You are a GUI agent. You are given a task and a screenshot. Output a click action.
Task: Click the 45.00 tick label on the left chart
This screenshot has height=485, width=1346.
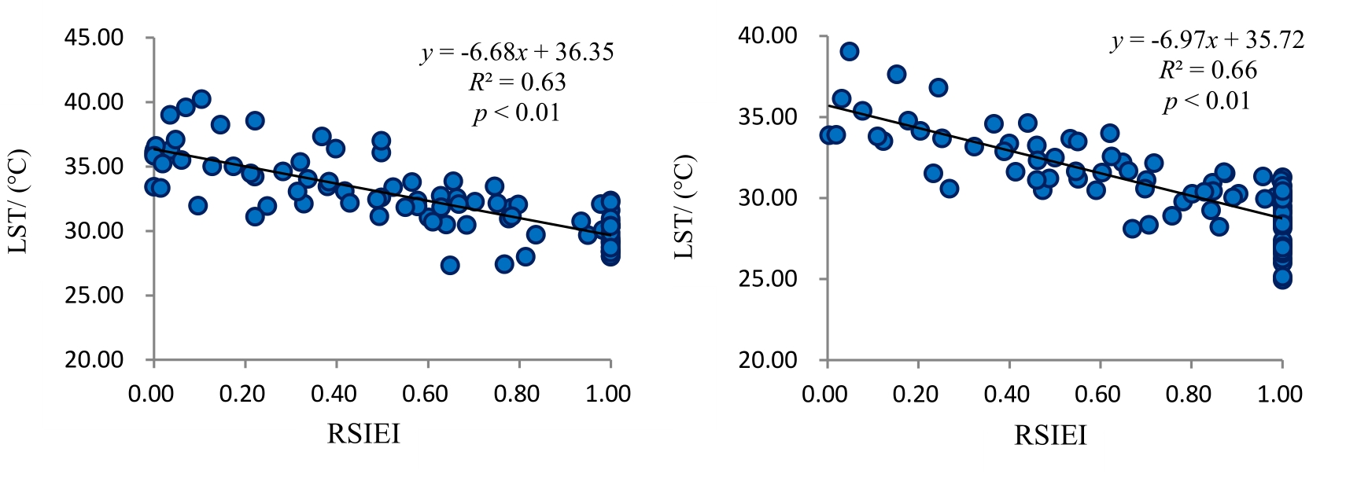click(x=94, y=38)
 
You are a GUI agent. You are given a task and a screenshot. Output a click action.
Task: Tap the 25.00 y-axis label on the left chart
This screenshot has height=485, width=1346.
click(x=94, y=296)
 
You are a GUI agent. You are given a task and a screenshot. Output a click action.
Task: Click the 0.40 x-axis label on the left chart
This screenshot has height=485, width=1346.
click(x=335, y=392)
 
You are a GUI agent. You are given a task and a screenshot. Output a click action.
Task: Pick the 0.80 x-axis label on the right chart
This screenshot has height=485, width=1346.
click(x=1189, y=392)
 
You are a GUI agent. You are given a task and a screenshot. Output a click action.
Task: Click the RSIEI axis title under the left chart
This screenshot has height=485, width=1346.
click(x=363, y=433)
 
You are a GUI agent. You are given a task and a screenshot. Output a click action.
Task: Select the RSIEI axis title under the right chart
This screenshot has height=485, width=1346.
click(x=1050, y=435)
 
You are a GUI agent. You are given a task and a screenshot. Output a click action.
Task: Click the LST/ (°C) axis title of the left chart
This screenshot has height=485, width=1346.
click(x=18, y=201)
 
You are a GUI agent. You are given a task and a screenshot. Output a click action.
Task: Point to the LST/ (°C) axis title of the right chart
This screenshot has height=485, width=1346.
click(x=685, y=207)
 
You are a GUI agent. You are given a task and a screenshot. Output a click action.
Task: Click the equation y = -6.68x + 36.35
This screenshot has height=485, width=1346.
click(x=517, y=53)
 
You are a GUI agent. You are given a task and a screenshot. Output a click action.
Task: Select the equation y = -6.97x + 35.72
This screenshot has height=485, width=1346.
click(x=1208, y=40)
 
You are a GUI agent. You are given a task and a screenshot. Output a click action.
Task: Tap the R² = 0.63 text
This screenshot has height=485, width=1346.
click(x=517, y=83)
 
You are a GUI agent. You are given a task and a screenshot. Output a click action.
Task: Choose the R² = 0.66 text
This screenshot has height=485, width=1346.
click(x=1208, y=70)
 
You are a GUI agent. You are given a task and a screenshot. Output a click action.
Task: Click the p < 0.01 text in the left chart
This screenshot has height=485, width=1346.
click(x=517, y=113)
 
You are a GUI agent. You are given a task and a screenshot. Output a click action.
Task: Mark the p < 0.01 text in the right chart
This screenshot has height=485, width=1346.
click(x=1208, y=101)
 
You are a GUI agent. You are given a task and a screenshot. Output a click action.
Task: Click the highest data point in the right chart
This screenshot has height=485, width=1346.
click(x=849, y=52)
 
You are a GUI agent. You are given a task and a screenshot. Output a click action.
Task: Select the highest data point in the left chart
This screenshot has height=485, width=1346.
click(x=201, y=99)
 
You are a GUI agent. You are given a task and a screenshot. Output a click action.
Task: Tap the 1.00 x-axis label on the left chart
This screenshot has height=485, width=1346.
click(x=609, y=392)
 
